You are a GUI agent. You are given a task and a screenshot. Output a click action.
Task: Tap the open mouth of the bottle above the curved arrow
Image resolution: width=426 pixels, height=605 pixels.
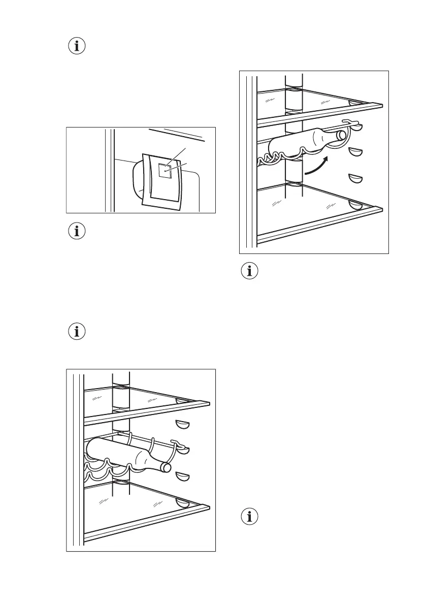pyautogui.click(x=342, y=135)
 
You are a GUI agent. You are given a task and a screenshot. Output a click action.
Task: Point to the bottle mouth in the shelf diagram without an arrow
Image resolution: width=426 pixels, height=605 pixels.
pyautogui.click(x=166, y=467)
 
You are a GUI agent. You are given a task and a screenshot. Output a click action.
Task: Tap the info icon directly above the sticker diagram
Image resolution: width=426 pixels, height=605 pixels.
pyautogui.click(x=77, y=47)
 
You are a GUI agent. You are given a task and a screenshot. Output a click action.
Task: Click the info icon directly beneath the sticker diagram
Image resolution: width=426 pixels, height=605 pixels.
pyautogui.click(x=77, y=231)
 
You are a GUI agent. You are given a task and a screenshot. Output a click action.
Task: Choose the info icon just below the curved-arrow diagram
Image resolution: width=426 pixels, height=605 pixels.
pyautogui.click(x=249, y=271)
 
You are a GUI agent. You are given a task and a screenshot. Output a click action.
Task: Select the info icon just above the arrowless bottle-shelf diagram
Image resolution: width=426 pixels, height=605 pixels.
pyautogui.click(x=77, y=332)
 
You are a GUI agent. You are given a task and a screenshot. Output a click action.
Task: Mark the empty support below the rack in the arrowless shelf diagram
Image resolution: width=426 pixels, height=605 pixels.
pyautogui.click(x=182, y=476)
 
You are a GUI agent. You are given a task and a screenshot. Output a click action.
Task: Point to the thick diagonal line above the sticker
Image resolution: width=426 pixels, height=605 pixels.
pyautogui.click(x=178, y=134)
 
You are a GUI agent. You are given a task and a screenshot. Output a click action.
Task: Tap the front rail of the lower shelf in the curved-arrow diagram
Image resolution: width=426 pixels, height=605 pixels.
pyautogui.click(x=320, y=222)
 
